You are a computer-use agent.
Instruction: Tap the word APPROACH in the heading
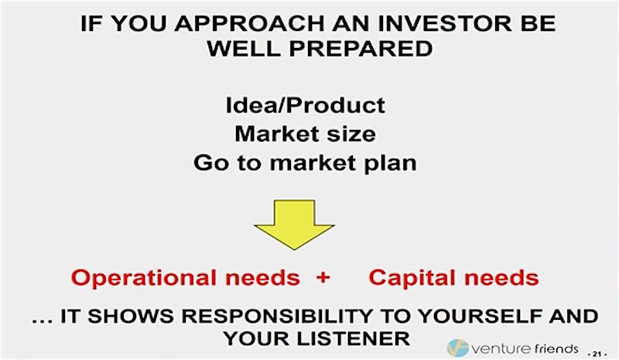[x=250, y=23]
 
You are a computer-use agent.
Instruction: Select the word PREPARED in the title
[x=361, y=49]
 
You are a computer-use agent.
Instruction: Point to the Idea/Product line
[x=305, y=105]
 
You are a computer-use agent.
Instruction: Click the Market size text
[x=305, y=134]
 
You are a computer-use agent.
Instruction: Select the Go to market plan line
[x=305, y=163]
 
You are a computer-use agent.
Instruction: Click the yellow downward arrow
[x=294, y=224]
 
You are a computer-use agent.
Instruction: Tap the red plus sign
[x=323, y=277]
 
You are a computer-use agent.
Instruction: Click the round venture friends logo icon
[x=457, y=348]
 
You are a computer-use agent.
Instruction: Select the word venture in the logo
[x=501, y=349]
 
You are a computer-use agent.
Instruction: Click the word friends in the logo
[x=556, y=348]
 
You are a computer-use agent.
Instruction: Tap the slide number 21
[x=597, y=354]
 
